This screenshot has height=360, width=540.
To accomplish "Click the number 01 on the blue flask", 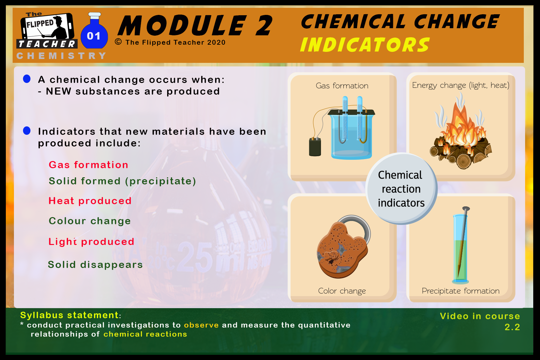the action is pyautogui.click(x=94, y=36).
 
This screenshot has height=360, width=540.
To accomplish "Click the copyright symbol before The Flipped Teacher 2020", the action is pyautogui.click(x=118, y=42).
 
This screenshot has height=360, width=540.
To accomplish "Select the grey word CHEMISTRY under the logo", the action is pyautogui.click(x=61, y=56).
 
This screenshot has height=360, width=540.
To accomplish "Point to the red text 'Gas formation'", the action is pyautogui.click(x=88, y=165).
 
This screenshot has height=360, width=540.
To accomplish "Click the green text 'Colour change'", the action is pyautogui.click(x=90, y=221).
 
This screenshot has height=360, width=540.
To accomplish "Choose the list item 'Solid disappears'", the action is pyautogui.click(x=96, y=265).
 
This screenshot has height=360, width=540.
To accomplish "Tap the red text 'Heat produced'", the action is pyautogui.click(x=90, y=201).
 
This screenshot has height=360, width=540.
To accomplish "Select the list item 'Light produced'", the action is pyautogui.click(x=91, y=242).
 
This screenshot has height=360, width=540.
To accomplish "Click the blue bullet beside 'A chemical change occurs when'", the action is pyautogui.click(x=27, y=79).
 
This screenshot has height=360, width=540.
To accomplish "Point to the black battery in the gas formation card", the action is pyautogui.click(x=315, y=146).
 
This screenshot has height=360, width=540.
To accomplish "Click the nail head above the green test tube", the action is pyautogui.click(x=466, y=209).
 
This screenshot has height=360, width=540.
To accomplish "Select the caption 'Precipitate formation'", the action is pyautogui.click(x=460, y=291).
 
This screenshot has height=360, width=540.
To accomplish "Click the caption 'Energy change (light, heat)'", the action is pyautogui.click(x=460, y=85).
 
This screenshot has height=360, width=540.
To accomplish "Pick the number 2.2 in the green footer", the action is pyautogui.click(x=512, y=327).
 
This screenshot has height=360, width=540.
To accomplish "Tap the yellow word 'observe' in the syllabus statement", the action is pyautogui.click(x=201, y=325).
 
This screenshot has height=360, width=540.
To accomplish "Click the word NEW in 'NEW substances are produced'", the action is pyautogui.click(x=59, y=91).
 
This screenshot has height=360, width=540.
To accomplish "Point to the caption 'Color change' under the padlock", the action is pyautogui.click(x=342, y=291).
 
